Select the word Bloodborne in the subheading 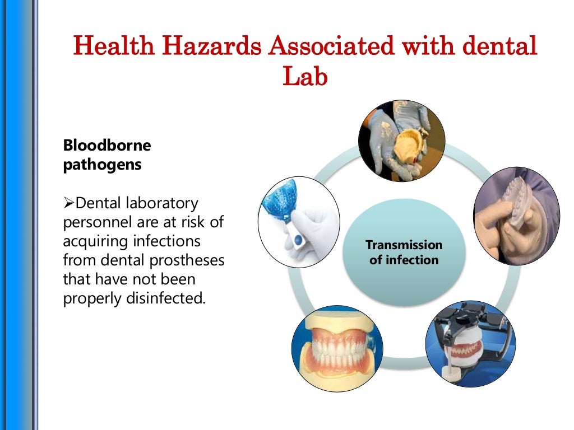[107, 146]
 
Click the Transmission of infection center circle [404, 253]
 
